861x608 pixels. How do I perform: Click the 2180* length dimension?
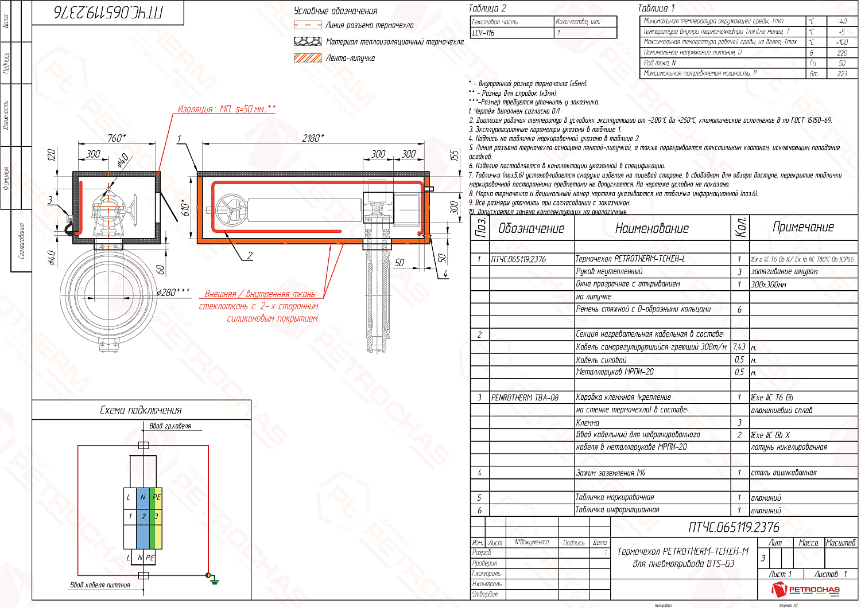coord(312,138)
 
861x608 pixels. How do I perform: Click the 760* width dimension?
coord(116,138)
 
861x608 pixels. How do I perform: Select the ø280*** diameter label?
coord(173,293)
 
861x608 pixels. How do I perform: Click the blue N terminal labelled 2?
coord(143,516)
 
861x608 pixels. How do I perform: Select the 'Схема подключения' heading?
coord(141,410)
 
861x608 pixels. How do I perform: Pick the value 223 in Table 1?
coord(842,73)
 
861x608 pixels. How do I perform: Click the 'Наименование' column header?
coord(651,228)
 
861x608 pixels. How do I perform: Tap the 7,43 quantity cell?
coord(739,346)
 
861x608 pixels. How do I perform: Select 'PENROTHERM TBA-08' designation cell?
coord(525,397)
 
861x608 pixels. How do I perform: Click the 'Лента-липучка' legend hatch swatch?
coord(308,58)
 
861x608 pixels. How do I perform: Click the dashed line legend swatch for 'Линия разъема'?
coord(308,25)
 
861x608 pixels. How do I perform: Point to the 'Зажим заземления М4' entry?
coord(610,473)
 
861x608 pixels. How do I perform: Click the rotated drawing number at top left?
coord(108,13)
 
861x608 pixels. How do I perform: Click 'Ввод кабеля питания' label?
coord(100,585)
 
